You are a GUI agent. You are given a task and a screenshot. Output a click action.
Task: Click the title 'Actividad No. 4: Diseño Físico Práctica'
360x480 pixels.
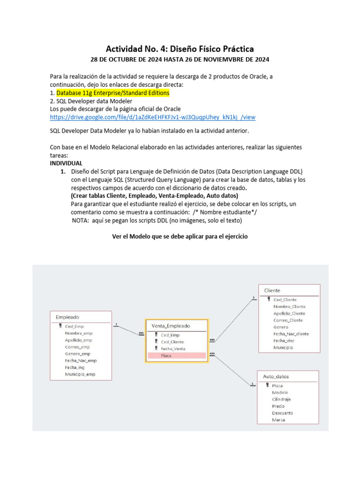(180, 49)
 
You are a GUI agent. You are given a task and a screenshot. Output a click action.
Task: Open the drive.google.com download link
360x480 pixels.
(152, 117)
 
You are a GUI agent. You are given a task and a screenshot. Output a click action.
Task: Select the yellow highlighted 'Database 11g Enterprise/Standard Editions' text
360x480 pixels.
(112, 93)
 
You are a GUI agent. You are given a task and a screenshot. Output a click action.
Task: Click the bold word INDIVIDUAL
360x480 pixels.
(66, 163)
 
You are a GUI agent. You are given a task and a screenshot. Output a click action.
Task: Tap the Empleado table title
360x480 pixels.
(67, 317)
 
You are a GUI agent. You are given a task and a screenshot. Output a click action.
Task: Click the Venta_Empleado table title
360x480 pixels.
(171, 326)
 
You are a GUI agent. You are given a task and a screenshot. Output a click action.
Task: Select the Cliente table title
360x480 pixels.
(272, 290)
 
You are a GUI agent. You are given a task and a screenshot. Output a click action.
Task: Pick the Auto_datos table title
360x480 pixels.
(276, 376)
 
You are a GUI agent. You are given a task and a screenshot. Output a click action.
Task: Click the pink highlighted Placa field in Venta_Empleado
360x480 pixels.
(166, 356)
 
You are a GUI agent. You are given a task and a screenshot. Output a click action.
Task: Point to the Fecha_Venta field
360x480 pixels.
(172, 349)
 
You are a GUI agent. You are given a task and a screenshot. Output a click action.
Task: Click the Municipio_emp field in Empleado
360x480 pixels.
(80, 375)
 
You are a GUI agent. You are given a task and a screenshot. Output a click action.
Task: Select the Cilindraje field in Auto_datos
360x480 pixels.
(281, 399)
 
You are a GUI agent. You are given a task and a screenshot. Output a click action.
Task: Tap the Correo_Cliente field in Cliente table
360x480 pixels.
(288, 320)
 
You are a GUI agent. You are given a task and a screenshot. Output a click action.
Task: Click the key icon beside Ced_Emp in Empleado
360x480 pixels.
(60, 326)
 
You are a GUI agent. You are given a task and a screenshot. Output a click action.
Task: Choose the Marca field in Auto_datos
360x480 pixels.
(278, 420)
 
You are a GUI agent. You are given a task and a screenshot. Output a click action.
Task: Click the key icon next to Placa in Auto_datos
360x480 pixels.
(267, 385)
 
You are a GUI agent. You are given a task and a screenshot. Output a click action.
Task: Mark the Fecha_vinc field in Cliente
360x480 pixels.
(283, 341)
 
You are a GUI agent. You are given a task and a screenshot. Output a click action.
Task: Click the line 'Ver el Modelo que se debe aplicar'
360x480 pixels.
(180, 237)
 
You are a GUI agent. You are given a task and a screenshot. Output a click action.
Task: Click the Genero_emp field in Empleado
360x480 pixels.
(77, 354)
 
